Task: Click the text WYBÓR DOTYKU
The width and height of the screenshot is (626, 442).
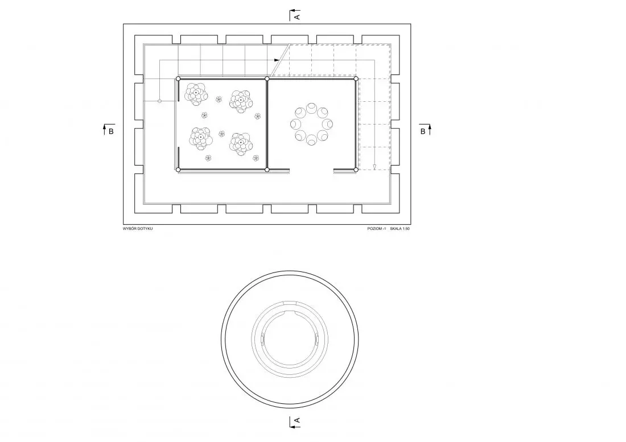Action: [138, 229]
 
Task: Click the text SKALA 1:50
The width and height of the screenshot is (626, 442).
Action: [400, 229]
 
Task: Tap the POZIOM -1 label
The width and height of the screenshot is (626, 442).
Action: [377, 229]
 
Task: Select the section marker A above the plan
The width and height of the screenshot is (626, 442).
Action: [295, 15]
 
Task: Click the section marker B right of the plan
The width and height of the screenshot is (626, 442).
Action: [425, 130]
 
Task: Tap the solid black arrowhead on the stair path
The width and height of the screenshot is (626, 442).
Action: [277, 60]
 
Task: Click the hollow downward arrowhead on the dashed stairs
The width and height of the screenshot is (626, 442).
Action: [374, 167]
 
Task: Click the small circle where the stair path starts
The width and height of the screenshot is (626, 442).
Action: [160, 101]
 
